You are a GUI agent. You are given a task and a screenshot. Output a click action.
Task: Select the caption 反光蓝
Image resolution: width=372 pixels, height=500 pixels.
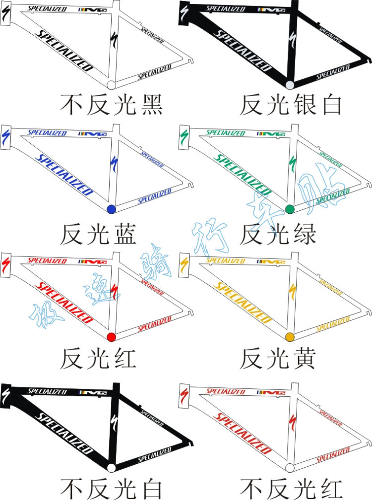(x=98, y=234)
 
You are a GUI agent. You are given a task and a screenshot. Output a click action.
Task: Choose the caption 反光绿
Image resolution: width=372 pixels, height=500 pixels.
(x=278, y=234)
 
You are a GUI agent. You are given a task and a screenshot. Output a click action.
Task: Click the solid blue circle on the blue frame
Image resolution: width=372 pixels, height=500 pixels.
(x=111, y=209)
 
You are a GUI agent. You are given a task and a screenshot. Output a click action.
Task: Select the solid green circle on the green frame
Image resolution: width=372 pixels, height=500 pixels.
(x=290, y=209)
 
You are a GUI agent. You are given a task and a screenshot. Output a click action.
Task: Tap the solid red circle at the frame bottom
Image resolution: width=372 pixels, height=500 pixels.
(x=111, y=337)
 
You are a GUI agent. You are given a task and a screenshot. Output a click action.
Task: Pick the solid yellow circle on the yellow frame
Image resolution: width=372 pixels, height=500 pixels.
(x=290, y=337)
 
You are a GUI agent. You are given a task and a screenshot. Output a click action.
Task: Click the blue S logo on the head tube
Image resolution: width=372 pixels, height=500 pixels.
(x=6, y=136)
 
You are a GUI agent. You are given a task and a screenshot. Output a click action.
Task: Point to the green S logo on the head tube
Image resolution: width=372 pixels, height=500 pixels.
(x=185, y=136)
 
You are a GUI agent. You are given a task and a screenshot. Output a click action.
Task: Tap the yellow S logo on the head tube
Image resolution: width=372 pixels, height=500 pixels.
(x=185, y=263)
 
